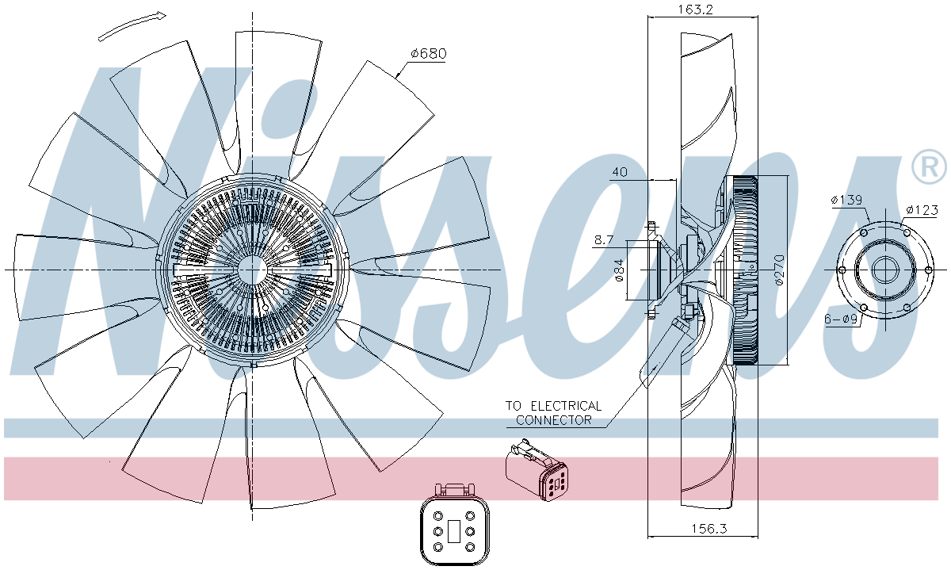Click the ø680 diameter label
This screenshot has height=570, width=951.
pyautogui.click(x=429, y=54)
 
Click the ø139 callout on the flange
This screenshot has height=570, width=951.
pyautogui.click(x=846, y=201)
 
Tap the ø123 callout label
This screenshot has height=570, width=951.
pyautogui.click(x=922, y=209)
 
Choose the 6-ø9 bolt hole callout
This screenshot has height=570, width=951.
pyautogui.click(x=841, y=319)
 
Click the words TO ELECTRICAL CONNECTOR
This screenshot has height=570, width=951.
pyautogui.click(x=553, y=413)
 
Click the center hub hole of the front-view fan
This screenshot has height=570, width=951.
pyautogui.click(x=252, y=270)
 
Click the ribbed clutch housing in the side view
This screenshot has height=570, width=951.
pyautogui.click(x=746, y=270)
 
